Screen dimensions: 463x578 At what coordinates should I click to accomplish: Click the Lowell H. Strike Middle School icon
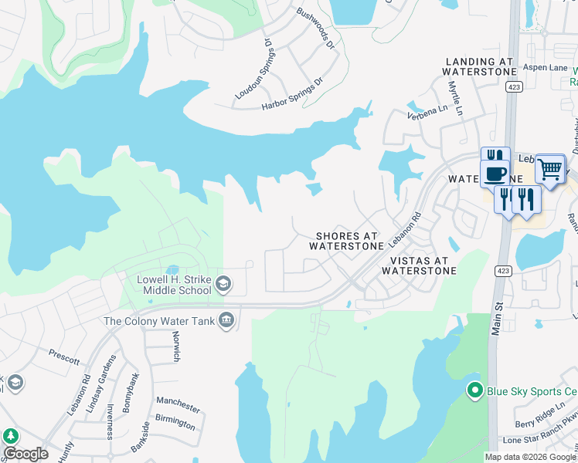tap(223, 283)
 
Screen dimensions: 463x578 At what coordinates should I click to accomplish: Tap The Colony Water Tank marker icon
tap(226, 320)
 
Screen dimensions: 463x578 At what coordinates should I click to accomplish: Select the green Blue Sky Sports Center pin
tap(476, 390)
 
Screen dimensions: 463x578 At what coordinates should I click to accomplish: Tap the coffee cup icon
tap(495, 173)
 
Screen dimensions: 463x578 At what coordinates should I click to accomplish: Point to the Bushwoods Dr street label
tap(315, 29)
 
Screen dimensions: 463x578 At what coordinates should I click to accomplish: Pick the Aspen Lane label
tap(545, 68)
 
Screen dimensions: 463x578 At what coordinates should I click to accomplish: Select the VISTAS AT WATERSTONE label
tap(418, 265)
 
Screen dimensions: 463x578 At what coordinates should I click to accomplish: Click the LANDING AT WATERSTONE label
tap(479, 66)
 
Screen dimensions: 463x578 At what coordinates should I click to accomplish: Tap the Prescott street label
tap(64, 359)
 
